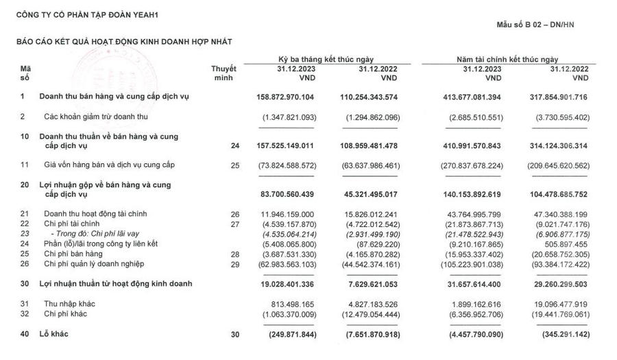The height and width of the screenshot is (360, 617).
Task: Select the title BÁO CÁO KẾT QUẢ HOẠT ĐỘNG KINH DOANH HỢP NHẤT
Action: [x=124, y=42]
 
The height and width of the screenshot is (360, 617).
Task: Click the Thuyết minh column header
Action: [x=223, y=73]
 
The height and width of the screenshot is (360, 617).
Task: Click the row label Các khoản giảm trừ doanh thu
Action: [x=86, y=117]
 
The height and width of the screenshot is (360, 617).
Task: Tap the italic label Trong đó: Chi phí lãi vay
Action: [x=80, y=233]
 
